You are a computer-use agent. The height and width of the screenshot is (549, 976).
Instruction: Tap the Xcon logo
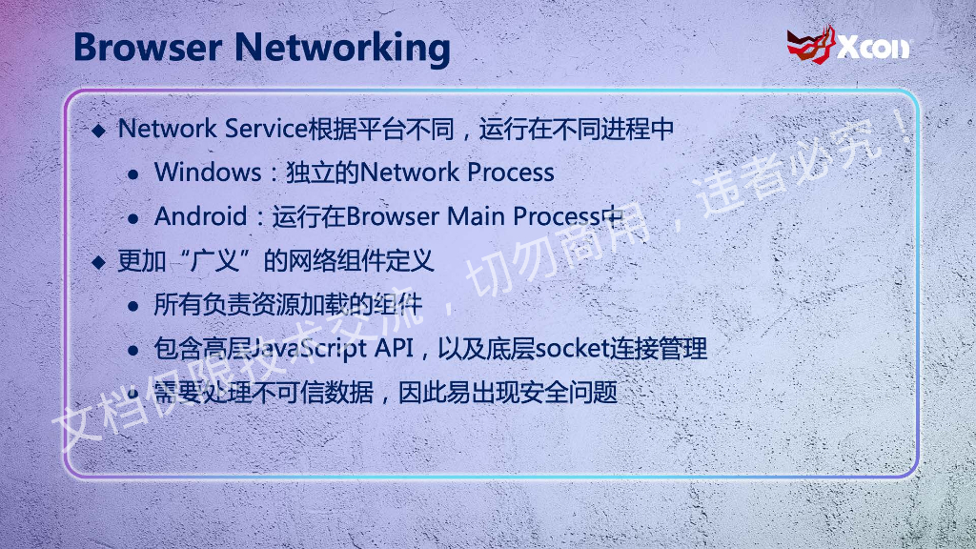tap(847, 44)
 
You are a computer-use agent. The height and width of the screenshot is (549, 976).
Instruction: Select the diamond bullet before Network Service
tap(99, 131)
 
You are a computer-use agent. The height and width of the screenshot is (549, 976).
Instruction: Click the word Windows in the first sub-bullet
tap(207, 173)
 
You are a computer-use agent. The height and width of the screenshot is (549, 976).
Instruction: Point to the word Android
tap(200, 216)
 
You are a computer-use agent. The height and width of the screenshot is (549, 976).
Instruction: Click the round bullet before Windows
tap(134, 173)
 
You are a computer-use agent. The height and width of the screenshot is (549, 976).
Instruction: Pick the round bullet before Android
tap(134, 217)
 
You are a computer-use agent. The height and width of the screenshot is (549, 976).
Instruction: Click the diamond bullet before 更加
tap(99, 262)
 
